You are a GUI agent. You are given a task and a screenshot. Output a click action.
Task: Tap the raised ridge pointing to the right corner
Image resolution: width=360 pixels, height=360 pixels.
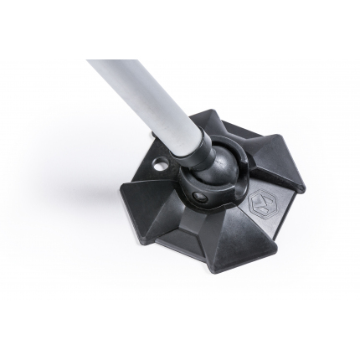point(272,180)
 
